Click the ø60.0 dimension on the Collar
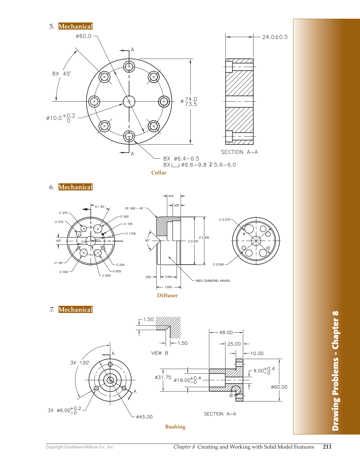(83, 36)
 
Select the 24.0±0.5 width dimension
(275, 37)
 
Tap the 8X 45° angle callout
(61, 74)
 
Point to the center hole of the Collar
(129, 101)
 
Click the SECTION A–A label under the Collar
(239, 152)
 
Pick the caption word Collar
(159, 172)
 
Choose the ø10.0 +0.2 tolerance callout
(61, 118)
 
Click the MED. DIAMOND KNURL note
(213, 281)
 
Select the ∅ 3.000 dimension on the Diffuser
(204, 238)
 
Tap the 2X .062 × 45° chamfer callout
(135, 208)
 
